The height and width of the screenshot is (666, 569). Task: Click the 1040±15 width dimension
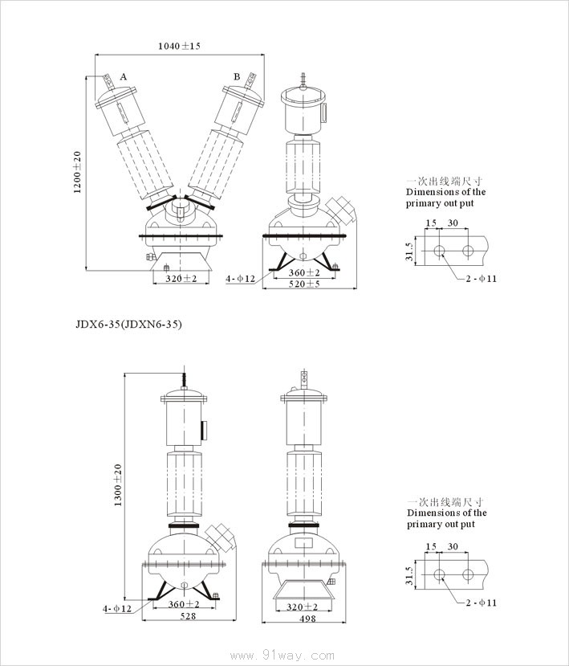click(179, 47)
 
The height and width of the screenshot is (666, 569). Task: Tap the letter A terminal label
click(124, 76)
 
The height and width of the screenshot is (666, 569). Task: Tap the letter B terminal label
click(237, 76)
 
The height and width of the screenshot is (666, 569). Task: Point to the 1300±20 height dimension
click(118, 484)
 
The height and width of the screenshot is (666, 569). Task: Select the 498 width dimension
click(307, 618)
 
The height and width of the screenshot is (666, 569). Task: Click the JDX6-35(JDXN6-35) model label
click(129, 325)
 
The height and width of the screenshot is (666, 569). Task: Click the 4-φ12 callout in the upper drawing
click(240, 279)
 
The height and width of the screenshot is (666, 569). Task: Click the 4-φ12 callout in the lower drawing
click(117, 609)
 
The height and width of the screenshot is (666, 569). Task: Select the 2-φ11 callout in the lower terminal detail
click(482, 602)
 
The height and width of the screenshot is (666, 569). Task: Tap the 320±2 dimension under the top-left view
click(181, 278)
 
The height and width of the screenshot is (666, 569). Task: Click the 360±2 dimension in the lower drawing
click(184, 604)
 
